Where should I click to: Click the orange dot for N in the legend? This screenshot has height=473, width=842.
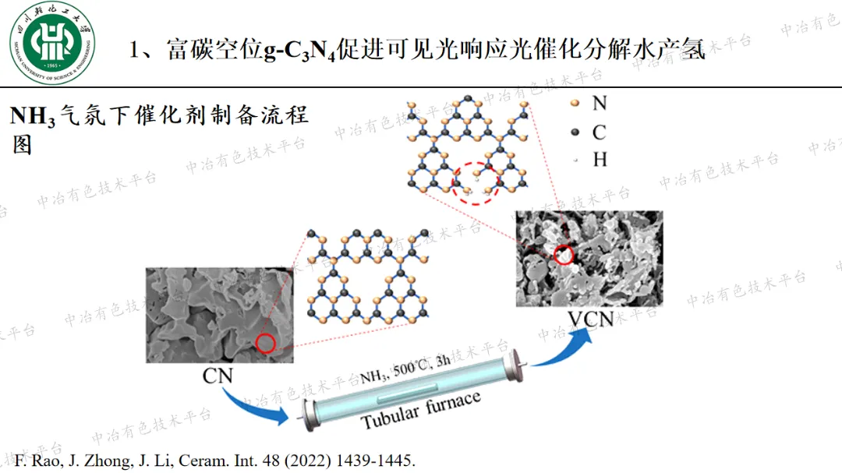575,103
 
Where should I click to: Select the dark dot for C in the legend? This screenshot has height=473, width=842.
575,132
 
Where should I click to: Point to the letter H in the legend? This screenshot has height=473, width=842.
600,160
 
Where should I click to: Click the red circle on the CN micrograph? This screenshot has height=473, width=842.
266,343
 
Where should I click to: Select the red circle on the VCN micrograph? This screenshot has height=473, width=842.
563,255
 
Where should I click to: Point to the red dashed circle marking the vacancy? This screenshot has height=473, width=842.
476,182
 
